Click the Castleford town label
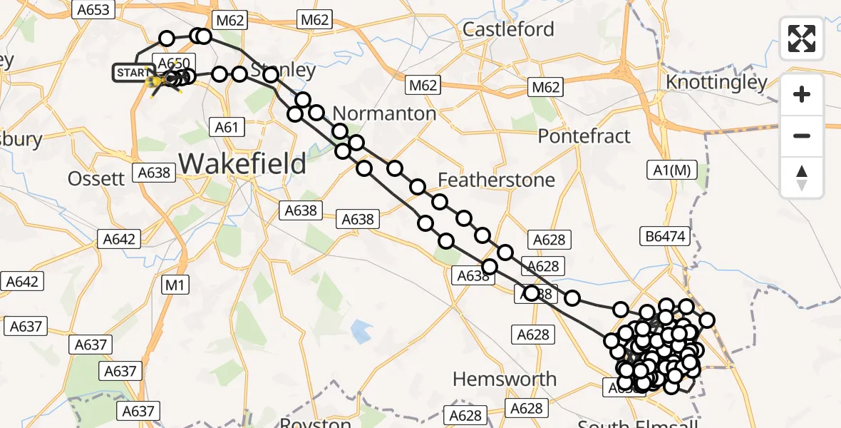click(x=508, y=29)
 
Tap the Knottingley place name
click(x=716, y=83)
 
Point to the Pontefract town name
click(x=584, y=136)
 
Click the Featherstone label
click(x=496, y=180)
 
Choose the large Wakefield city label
click(x=242, y=163)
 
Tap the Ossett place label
click(x=96, y=178)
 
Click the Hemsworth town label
click(x=505, y=379)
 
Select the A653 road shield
click(x=93, y=9)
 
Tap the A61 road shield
click(x=227, y=128)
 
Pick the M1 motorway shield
click(x=175, y=286)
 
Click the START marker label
click(x=133, y=73)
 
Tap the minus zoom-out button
click(x=802, y=136)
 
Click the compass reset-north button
click(x=802, y=177)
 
